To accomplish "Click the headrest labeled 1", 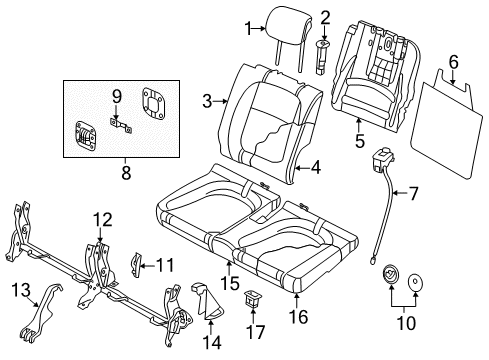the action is pyautogui.click(x=289, y=28).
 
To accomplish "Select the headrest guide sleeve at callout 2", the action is pyautogui.click(x=322, y=57).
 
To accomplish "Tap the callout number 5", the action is pyautogui.click(x=360, y=141).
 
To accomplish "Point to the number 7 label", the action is pyautogui.click(x=413, y=193).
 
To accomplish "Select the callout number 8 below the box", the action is pyautogui.click(x=126, y=173).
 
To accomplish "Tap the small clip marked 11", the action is pyautogui.click(x=137, y=265).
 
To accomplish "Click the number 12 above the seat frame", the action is pyautogui.click(x=103, y=220).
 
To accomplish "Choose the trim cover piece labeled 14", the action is pyautogui.click(x=206, y=302).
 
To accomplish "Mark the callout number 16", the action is pyautogui.click(x=299, y=316).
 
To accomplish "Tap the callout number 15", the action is pyautogui.click(x=230, y=283).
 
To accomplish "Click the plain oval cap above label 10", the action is pyautogui.click(x=415, y=283).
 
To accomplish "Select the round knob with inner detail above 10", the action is pyautogui.click(x=391, y=274).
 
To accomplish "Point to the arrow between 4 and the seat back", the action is pyautogui.click(x=303, y=168).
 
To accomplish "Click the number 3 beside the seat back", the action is pyautogui.click(x=207, y=101).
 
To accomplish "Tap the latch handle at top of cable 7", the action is pyautogui.click(x=383, y=159).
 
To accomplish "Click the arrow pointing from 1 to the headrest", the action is pyautogui.click(x=259, y=29).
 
